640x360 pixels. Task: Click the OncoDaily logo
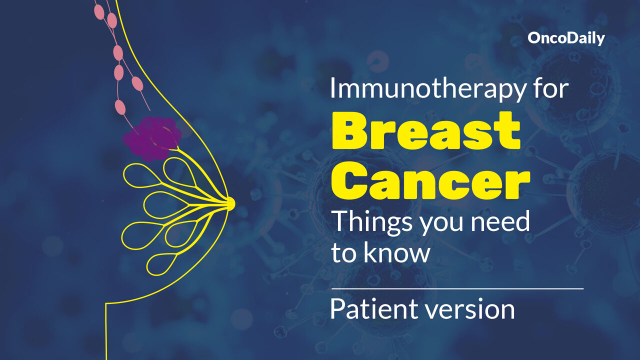[x=566, y=38]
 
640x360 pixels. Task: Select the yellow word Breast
[x=426, y=130]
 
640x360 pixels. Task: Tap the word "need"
[x=500, y=221]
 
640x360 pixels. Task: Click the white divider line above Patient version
[x=457, y=289]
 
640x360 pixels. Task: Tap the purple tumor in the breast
[x=152, y=138]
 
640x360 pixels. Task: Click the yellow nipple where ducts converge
[x=230, y=203]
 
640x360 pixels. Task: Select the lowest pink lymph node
[x=120, y=107]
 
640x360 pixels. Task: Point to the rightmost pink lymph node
[x=137, y=83]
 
